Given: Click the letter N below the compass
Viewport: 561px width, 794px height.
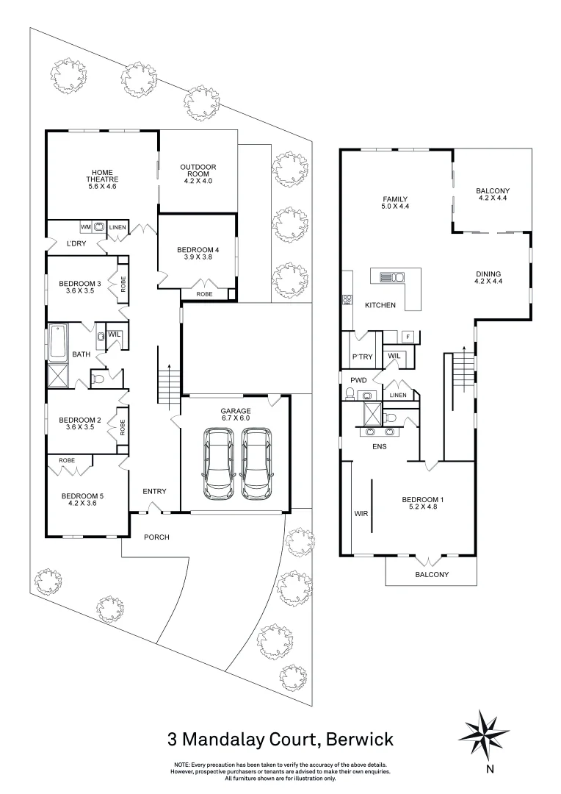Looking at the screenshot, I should (489, 770).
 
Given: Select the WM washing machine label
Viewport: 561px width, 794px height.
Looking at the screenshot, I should (85, 227).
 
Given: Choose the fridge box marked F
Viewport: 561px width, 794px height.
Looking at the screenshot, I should (408, 337).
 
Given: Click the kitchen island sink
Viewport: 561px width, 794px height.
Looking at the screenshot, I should (392, 277).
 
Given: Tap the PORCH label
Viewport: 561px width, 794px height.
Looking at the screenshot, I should (156, 537).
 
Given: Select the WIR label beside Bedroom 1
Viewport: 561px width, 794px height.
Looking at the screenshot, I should (361, 512).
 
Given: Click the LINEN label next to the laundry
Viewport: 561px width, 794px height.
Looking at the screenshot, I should (117, 228).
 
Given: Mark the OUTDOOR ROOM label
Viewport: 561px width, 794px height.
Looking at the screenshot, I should (198, 172).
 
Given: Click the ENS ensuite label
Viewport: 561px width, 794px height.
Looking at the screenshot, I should (379, 446).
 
